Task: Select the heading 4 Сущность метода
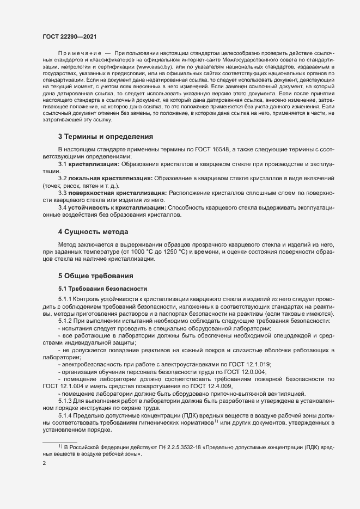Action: tap(93, 232)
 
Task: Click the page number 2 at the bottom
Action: tap(44, 463)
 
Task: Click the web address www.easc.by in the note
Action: tap(156, 66)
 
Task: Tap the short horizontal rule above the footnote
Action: tap(59, 440)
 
